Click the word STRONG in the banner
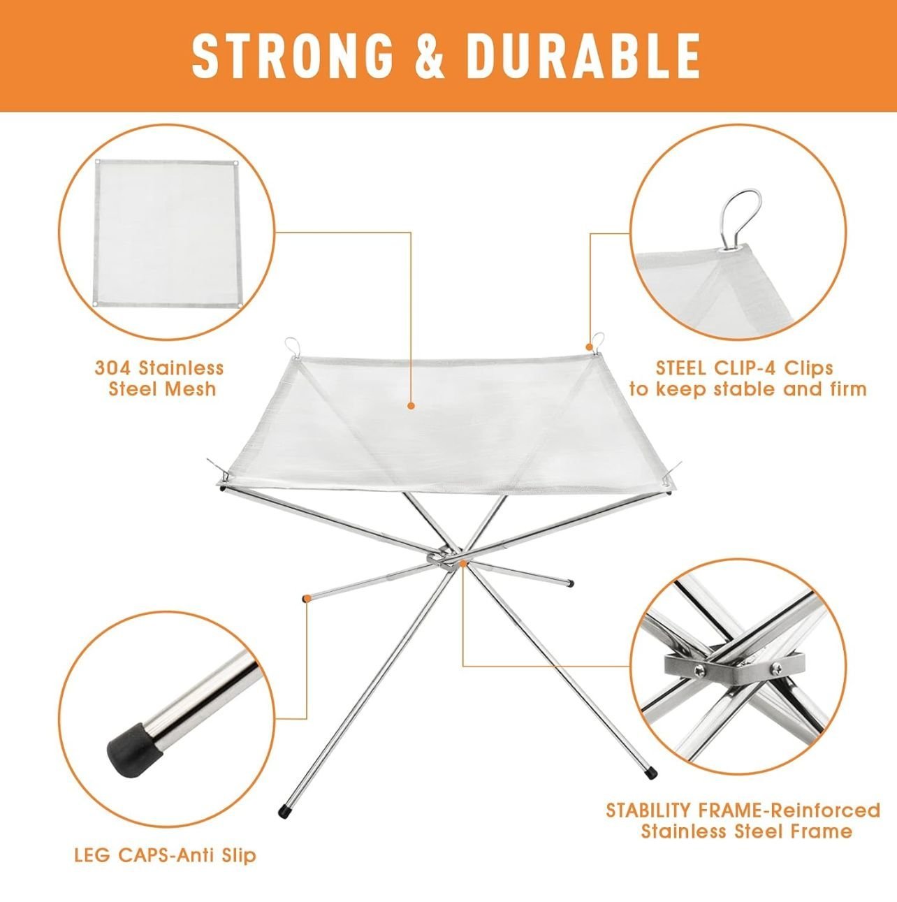click(292, 56)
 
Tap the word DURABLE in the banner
click(583, 56)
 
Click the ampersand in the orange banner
click(430, 56)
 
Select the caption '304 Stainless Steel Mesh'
click(160, 378)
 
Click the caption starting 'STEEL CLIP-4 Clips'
click(747, 378)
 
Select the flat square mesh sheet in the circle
click(167, 233)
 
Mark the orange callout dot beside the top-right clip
click(590, 347)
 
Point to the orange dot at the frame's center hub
click(462, 564)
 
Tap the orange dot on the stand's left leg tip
click(306, 597)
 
